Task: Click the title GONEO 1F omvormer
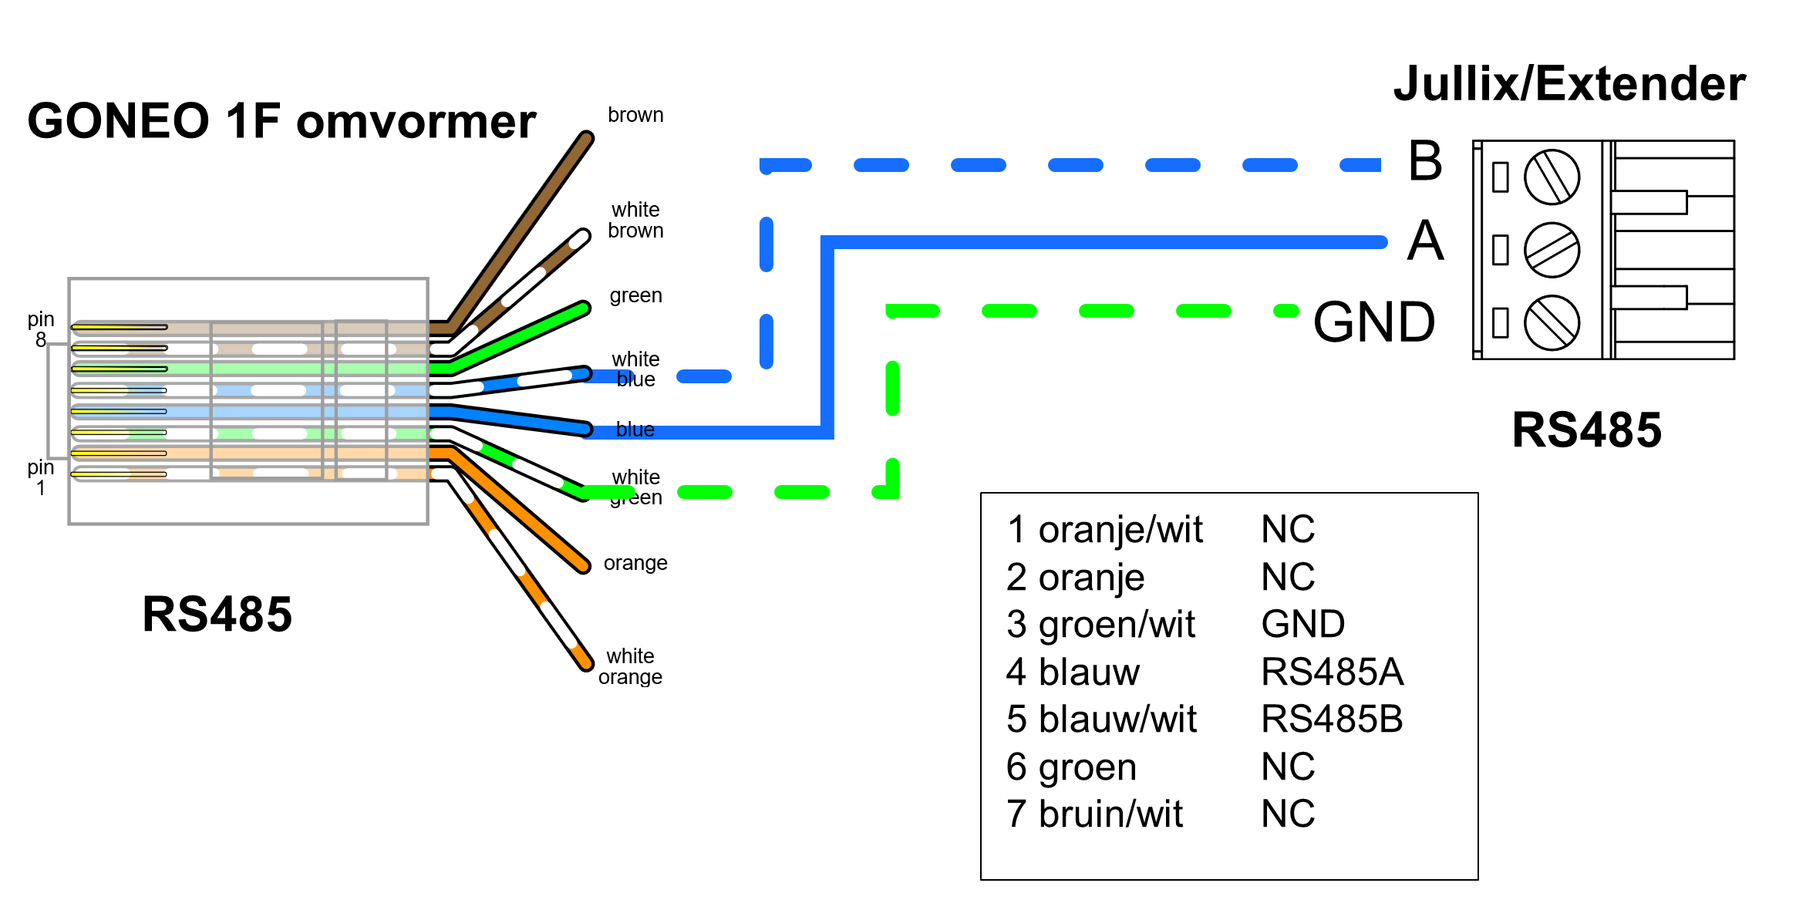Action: point(281,122)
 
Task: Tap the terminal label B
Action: point(1425,161)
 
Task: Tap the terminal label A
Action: point(1425,241)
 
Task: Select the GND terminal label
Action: point(1374,322)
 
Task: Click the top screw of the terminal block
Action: point(1552,177)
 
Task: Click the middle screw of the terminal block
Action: point(1552,250)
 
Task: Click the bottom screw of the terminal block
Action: point(1552,322)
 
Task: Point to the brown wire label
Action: point(635,115)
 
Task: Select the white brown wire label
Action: point(635,220)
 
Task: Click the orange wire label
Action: point(635,563)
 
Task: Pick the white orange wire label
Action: point(630,666)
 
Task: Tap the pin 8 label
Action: point(41,329)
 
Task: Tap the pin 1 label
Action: point(41,477)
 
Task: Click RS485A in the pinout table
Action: point(1332,672)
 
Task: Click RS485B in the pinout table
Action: point(1332,719)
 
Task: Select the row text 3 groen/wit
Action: point(1100,624)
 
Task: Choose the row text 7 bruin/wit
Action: point(1094,814)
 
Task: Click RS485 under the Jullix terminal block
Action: point(1586,430)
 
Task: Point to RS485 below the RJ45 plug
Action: point(217,615)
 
